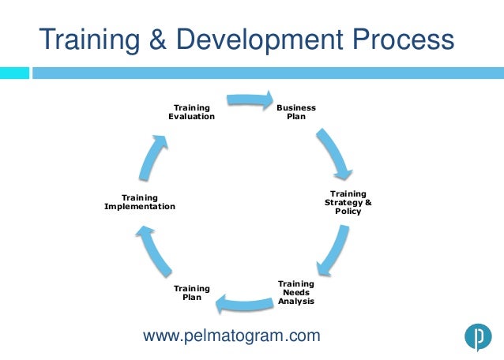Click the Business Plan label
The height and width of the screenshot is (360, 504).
296,112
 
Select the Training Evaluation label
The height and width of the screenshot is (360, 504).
191,112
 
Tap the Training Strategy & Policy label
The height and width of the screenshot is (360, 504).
348,203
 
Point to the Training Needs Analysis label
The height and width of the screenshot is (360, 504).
296,292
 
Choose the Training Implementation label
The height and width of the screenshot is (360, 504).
140,201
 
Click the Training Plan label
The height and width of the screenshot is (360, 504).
192,293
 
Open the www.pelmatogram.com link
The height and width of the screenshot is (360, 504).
231,336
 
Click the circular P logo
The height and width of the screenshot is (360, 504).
477,337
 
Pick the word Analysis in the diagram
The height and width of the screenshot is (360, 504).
296,302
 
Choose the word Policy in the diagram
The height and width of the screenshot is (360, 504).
348,212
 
